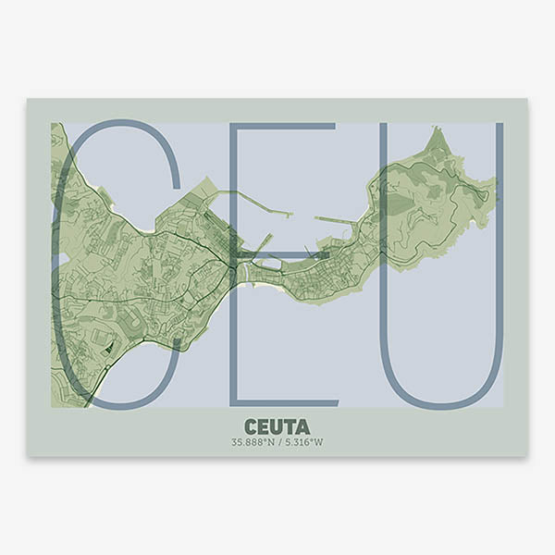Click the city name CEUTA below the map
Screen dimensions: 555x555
(277, 425)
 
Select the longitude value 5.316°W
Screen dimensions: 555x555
(303, 441)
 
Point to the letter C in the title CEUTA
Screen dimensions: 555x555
(252, 425)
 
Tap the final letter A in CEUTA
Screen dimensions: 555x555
(302, 425)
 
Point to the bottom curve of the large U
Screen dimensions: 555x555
(442, 404)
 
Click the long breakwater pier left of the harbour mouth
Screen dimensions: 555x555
(254, 194)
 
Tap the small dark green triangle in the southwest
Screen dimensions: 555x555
(109, 347)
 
